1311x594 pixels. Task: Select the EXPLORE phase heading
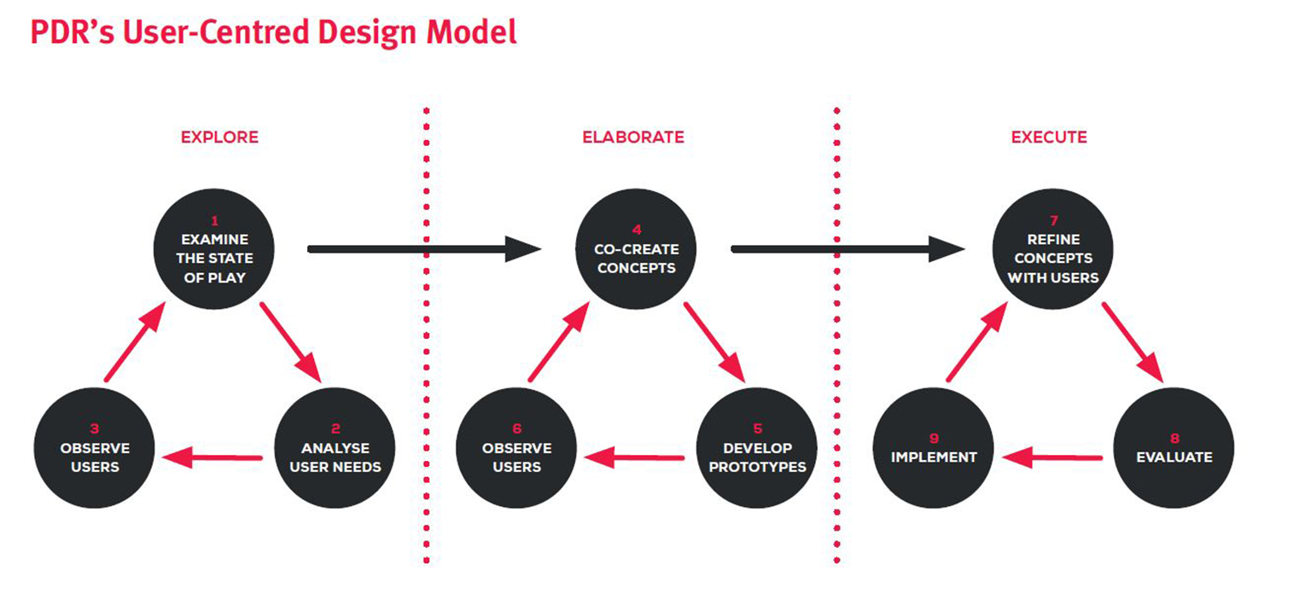coord(219,137)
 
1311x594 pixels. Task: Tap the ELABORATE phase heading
coord(633,137)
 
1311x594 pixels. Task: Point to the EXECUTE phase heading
coord(1049,137)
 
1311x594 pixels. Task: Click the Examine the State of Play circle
coord(214,248)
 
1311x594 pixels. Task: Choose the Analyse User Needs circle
coord(335,448)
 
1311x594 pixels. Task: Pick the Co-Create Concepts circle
coord(636,248)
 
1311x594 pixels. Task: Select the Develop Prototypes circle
coord(757,448)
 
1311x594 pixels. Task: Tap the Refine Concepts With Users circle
coord(1053,248)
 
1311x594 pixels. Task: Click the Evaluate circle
coord(1174,448)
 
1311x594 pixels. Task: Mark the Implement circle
coord(934,448)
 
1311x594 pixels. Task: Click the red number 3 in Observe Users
coord(95,428)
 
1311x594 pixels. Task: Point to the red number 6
coord(516,428)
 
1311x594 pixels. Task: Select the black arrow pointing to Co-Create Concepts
coord(424,249)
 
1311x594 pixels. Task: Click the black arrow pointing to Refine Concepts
coord(848,249)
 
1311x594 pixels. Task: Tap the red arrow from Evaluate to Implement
coord(1052,457)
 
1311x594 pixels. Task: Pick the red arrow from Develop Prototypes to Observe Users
coord(634,457)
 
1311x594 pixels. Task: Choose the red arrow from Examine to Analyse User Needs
coord(291,342)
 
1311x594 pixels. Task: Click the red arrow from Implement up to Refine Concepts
coord(976,342)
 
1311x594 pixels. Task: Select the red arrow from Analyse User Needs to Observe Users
coord(212,457)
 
